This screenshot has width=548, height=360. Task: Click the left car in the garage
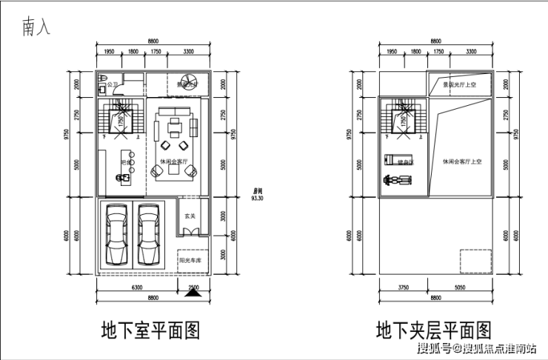(116, 235)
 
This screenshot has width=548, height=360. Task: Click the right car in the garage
(149, 235)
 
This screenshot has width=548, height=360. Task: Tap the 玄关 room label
(190, 217)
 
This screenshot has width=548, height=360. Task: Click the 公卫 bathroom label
(113, 85)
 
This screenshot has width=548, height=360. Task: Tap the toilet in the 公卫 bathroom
(105, 81)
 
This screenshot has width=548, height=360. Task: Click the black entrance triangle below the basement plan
(193, 292)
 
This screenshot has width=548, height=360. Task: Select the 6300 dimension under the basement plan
(136, 287)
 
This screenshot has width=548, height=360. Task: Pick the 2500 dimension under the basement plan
(194, 287)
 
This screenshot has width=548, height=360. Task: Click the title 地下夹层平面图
(432, 330)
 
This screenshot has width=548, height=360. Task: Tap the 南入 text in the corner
(38, 28)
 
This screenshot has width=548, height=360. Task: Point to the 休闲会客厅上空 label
(463, 161)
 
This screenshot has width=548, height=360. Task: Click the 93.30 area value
(258, 199)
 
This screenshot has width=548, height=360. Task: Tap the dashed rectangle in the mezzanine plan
(475, 261)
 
